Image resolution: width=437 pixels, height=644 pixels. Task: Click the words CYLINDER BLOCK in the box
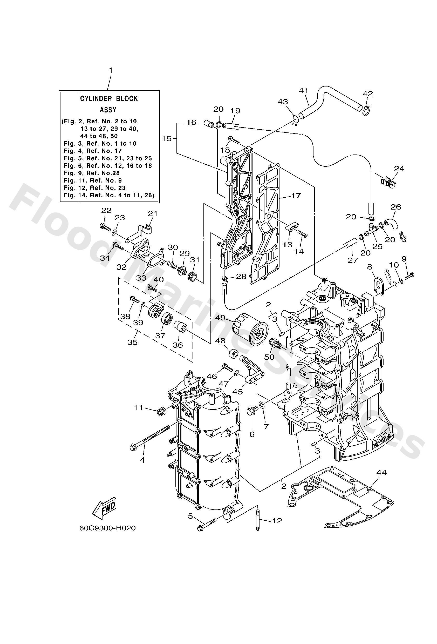click(109, 99)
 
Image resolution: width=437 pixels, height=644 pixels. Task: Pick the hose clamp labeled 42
click(366, 111)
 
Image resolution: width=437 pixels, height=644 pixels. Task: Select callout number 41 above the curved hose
click(304, 91)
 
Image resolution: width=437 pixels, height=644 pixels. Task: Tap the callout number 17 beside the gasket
click(296, 196)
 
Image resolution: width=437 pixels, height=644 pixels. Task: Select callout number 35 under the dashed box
click(132, 342)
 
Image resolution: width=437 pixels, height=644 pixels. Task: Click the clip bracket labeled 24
click(389, 182)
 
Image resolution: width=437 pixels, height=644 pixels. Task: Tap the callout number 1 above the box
click(111, 70)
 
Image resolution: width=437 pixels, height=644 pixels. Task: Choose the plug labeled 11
click(161, 412)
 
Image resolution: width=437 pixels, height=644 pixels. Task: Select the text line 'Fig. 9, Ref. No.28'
click(92, 173)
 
